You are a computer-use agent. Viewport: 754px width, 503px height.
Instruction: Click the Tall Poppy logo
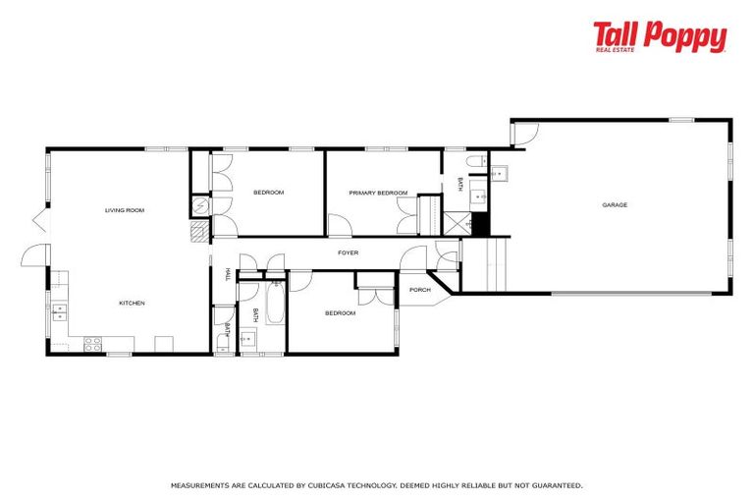[659, 36]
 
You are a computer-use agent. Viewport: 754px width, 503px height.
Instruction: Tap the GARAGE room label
[615, 204]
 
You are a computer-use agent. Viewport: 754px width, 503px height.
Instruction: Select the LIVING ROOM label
[126, 210]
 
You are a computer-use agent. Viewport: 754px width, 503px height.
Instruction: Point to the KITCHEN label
[132, 303]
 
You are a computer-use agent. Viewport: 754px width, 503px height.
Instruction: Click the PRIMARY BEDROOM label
[378, 193]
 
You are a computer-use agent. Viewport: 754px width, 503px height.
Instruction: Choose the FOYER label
[348, 252]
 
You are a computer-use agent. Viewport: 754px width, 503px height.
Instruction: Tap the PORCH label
[420, 290]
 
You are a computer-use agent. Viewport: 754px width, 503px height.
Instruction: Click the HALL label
[228, 274]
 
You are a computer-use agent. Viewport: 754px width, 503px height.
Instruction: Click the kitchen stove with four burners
[93, 343]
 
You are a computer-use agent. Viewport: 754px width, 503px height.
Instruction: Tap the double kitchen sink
[59, 312]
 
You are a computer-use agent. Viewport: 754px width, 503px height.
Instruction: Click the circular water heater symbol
[199, 205]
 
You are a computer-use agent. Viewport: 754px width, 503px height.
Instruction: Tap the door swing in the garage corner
[524, 134]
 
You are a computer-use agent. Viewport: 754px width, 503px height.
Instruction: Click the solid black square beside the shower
[481, 224]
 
